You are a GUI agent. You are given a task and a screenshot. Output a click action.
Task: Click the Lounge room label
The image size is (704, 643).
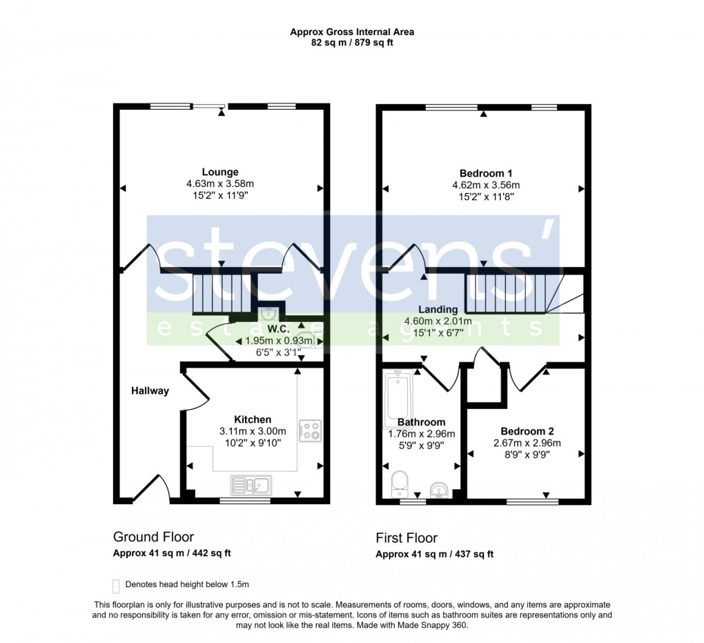[x=220, y=172]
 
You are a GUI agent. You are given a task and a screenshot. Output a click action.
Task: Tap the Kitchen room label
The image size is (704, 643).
[x=252, y=419]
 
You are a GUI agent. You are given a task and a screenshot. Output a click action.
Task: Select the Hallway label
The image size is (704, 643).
[x=150, y=391]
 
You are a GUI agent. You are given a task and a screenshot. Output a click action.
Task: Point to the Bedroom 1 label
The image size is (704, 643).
[x=485, y=173]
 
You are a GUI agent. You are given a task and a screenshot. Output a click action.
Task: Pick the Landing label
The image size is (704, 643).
[x=437, y=309]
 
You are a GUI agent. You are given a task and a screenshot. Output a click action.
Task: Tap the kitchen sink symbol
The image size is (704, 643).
[x=251, y=485]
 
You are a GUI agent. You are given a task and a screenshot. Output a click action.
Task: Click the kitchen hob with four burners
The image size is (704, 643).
[x=310, y=431]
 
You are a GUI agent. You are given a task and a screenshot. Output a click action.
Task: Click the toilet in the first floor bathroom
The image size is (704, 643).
[x=399, y=484]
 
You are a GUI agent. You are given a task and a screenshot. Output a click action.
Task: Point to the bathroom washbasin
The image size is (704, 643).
[x=438, y=491]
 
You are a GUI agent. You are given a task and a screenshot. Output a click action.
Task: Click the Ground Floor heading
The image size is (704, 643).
[x=153, y=537]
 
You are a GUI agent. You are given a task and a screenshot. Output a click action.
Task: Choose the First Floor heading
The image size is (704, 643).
[x=407, y=538]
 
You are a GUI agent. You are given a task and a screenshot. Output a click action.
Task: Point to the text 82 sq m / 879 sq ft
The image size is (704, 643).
[x=352, y=43]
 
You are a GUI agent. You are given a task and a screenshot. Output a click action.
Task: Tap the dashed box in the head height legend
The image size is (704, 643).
[x=116, y=585]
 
